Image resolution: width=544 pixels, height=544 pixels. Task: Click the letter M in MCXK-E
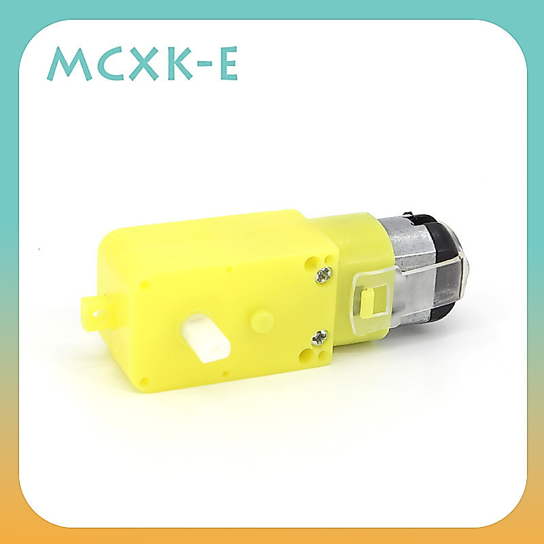69,64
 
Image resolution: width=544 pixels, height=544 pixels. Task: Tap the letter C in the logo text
110,64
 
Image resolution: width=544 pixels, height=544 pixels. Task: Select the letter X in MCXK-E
144,64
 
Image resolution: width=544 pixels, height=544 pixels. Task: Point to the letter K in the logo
180,64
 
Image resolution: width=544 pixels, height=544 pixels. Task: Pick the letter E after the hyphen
229,63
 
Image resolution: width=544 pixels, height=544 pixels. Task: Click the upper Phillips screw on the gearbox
324,275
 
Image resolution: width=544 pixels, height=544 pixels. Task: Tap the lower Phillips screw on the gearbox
319,338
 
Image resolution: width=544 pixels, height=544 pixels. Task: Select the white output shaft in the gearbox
205,337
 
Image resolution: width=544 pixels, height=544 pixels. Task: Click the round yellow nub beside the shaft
262,322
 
